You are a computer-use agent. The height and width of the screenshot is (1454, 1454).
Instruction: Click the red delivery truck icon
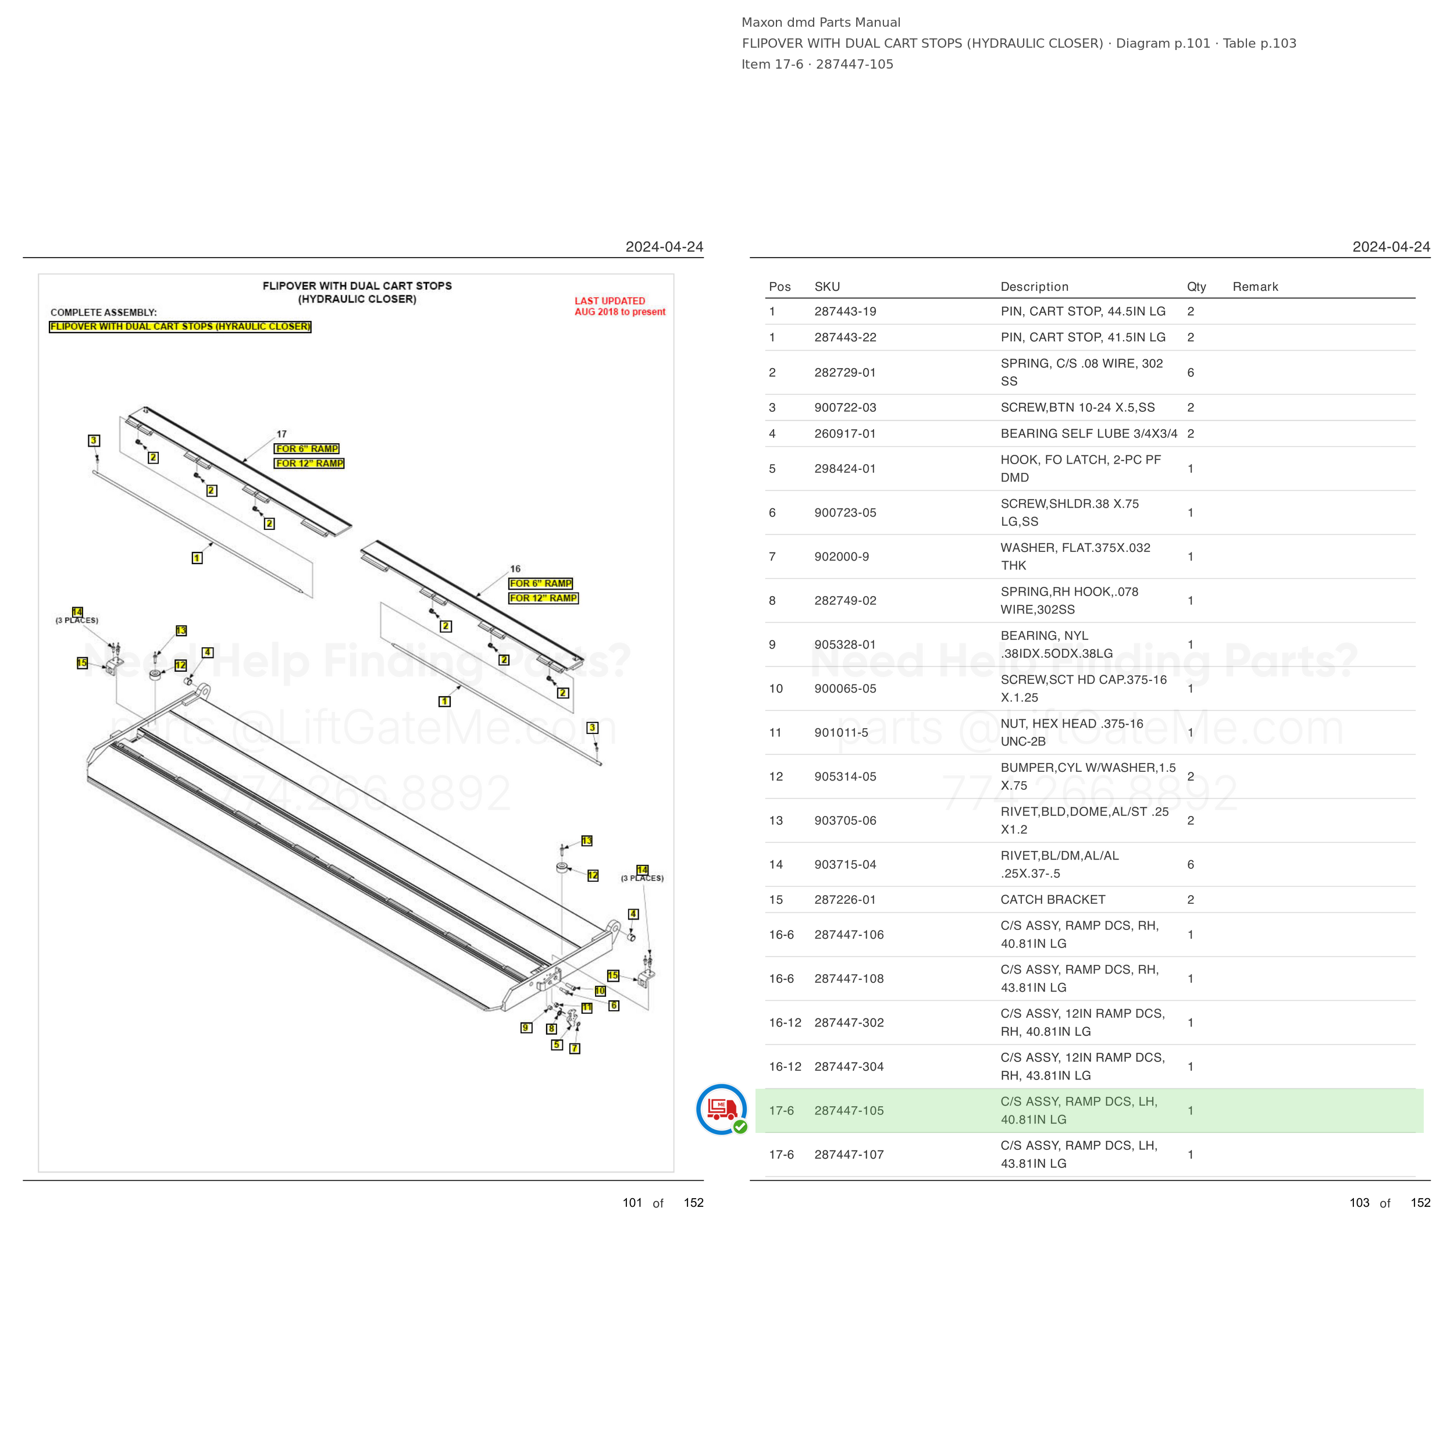click(722, 1109)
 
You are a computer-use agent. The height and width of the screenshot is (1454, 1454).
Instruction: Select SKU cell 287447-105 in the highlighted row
click(849, 1111)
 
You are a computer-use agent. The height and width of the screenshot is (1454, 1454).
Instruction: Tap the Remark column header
click(1255, 287)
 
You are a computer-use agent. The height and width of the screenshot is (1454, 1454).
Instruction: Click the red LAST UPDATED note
click(620, 307)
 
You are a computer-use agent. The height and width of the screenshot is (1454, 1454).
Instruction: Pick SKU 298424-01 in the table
click(845, 469)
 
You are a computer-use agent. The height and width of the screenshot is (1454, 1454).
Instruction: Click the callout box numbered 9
click(526, 1028)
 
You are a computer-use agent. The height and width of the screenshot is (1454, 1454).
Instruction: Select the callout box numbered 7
click(575, 1049)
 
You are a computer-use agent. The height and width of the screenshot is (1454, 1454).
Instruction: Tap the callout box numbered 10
click(600, 991)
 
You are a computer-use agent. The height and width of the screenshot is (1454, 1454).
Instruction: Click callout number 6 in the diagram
click(614, 1006)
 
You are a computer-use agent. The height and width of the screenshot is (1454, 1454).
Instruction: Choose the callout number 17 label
click(281, 434)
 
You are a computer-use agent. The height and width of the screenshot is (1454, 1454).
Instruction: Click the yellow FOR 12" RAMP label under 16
click(543, 598)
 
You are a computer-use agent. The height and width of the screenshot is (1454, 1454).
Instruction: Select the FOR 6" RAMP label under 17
click(307, 448)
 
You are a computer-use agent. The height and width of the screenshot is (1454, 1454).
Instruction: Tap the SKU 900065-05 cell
click(845, 689)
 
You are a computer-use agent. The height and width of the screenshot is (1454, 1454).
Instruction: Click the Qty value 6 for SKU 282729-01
click(1191, 373)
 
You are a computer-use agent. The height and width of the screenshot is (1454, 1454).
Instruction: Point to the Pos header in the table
click(780, 287)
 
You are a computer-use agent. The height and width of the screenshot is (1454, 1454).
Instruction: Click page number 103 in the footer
click(1359, 1203)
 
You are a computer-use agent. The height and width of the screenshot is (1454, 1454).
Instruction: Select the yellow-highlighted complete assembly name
click(180, 327)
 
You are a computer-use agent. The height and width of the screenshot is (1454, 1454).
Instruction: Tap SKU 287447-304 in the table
click(849, 1067)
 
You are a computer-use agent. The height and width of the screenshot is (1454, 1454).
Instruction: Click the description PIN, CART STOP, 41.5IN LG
click(1083, 338)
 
